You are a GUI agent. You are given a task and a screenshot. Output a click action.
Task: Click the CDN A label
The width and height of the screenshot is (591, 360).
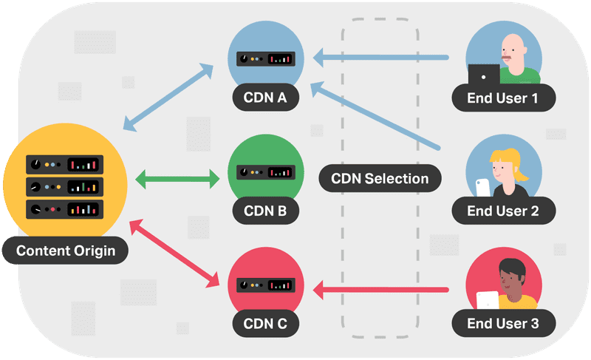click(x=266, y=97)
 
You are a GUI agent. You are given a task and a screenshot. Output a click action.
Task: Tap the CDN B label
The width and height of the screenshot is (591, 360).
click(x=266, y=210)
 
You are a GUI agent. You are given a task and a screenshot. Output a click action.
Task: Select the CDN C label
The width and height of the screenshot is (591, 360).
click(x=266, y=323)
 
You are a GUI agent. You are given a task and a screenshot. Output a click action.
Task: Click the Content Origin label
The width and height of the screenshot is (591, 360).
click(x=66, y=251)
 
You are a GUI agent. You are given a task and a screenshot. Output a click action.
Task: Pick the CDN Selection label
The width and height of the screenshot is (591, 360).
click(x=380, y=178)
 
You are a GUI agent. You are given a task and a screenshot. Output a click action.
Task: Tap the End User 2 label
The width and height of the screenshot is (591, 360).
click(x=503, y=210)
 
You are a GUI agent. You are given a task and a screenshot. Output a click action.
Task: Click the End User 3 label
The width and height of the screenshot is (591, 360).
click(x=503, y=323)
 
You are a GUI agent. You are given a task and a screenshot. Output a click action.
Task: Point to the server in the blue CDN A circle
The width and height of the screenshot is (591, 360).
click(x=266, y=58)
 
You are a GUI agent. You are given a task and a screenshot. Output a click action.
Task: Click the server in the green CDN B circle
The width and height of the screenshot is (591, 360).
click(x=266, y=171)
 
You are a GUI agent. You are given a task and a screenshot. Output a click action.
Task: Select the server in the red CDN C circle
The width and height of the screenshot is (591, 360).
click(x=266, y=285)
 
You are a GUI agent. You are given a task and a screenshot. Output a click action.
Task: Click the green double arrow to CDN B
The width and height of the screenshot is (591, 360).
click(x=178, y=178)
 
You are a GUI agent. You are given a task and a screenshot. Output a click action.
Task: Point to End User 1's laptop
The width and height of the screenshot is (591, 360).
click(x=485, y=75)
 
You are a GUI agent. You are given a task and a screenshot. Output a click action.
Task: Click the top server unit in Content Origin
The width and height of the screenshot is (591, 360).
click(x=65, y=163)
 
